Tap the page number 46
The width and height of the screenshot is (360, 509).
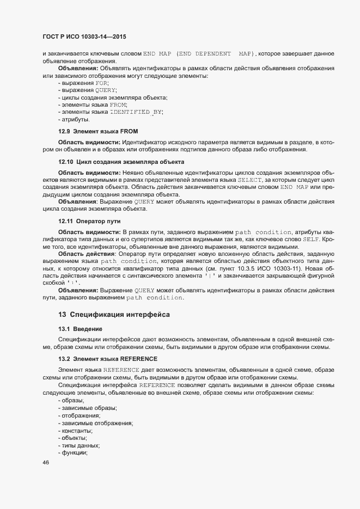(x=46, y=463)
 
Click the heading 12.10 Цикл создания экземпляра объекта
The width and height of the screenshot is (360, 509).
(x=121, y=162)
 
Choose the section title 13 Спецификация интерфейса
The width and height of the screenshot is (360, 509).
(x=114, y=315)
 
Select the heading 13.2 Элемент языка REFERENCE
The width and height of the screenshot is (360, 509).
(x=108, y=359)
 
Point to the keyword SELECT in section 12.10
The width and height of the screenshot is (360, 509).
(x=251, y=179)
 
